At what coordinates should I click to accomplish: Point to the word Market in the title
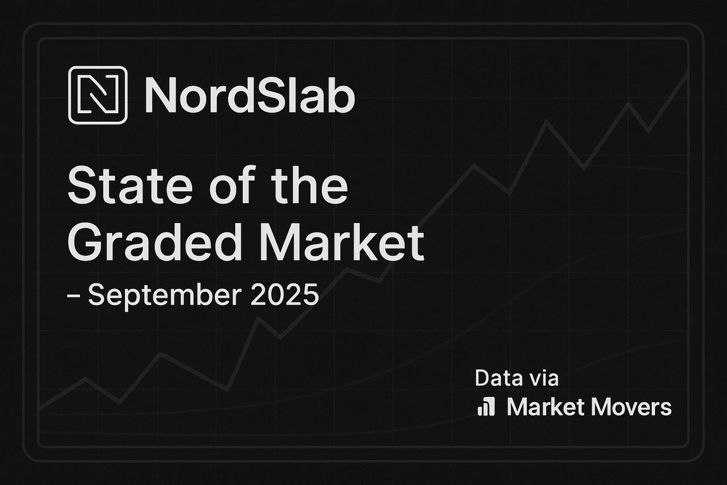pos(342,243)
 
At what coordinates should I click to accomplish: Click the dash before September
pos(73,295)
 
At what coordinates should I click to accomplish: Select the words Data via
pos(517,378)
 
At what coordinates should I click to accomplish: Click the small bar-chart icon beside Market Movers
pos(486,407)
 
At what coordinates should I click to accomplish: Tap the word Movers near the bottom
pos(631,407)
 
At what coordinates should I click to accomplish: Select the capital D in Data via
pos(482,378)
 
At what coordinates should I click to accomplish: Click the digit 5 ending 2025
pos(311,294)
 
